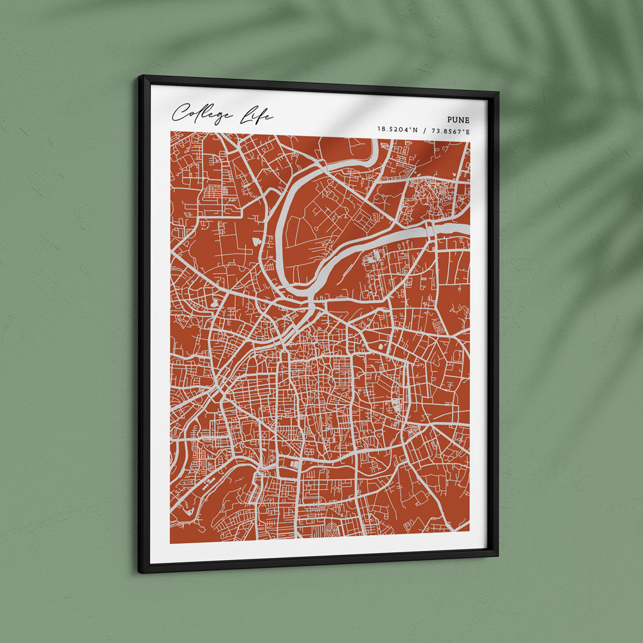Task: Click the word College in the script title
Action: click(203, 114)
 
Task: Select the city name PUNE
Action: click(458, 120)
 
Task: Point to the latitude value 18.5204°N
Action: click(397, 131)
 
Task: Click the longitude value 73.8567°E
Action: click(449, 132)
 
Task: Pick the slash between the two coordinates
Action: click(424, 131)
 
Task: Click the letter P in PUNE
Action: click(449, 120)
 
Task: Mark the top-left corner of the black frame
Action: click(139, 77)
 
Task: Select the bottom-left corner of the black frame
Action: click(140, 572)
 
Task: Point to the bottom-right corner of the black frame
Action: click(497, 554)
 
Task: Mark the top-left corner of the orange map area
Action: click(171, 132)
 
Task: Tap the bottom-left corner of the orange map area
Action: click(171, 543)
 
